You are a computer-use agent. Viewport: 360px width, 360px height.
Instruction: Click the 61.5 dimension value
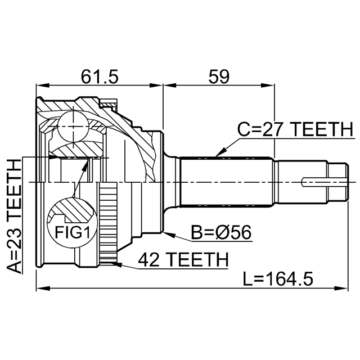(100, 76)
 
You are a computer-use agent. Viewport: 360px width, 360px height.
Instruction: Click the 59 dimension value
(219, 76)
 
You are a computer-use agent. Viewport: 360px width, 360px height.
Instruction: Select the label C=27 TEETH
(295, 129)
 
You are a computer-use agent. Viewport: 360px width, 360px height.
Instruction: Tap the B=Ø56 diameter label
(221, 232)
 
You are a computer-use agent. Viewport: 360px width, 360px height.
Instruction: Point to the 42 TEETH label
(183, 259)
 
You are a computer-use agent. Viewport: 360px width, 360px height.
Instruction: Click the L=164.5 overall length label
(278, 278)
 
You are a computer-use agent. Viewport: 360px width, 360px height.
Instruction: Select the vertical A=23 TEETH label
(14, 217)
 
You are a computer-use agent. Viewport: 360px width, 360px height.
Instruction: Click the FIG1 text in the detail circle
(72, 232)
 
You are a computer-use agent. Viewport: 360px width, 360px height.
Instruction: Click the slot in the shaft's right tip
(325, 182)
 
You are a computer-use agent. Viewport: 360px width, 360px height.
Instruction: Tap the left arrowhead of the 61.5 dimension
(43, 85)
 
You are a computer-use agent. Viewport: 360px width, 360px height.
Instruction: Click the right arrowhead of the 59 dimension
(268, 85)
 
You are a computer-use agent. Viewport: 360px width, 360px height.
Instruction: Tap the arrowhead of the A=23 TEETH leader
(55, 157)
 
